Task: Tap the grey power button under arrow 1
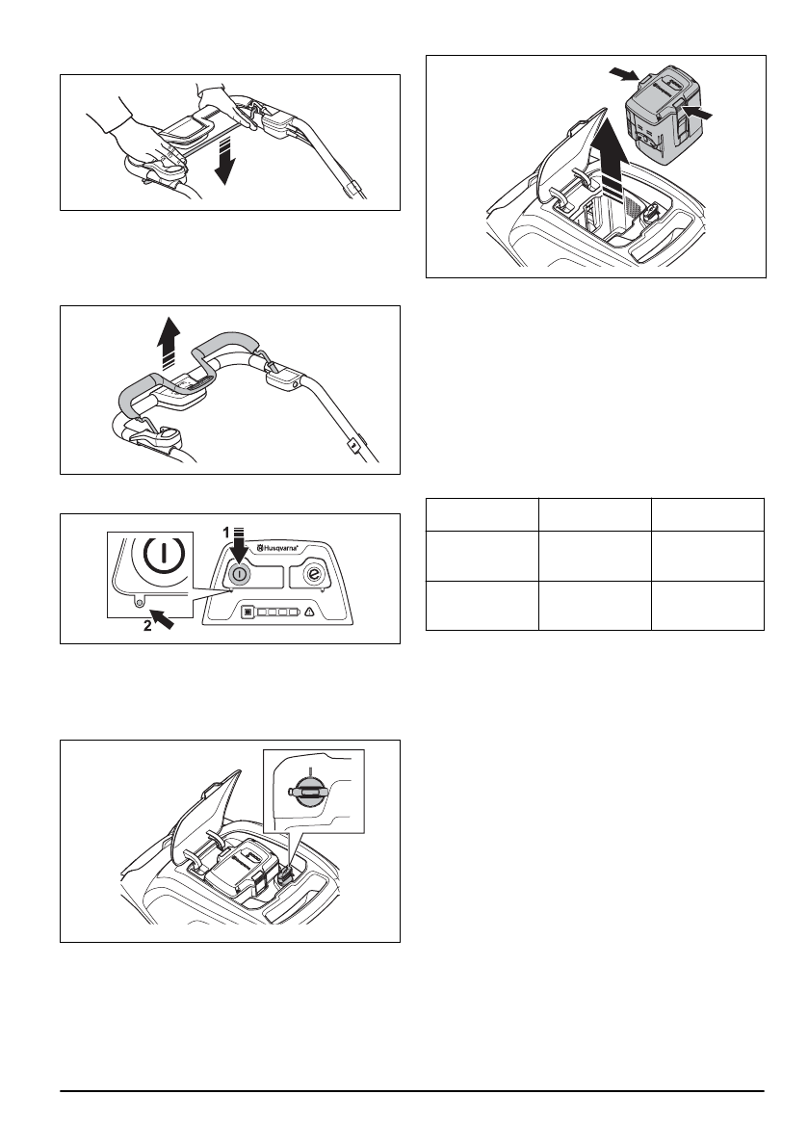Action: pyautogui.click(x=238, y=571)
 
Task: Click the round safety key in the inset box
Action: pyautogui.click(x=310, y=789)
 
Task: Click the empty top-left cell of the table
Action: pyautogui.click(x=482, y=513)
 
